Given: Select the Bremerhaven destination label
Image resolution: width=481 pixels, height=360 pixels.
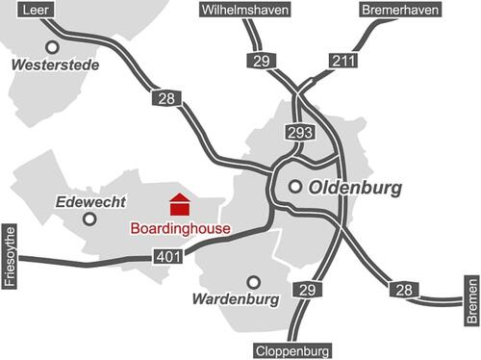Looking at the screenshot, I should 400,10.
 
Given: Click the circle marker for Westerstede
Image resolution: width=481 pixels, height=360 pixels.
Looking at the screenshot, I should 51,46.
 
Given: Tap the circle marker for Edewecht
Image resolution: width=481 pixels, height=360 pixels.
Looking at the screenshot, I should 89,219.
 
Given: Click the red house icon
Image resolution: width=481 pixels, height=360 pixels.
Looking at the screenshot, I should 180,204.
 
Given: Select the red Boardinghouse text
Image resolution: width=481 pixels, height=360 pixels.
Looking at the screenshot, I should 180,229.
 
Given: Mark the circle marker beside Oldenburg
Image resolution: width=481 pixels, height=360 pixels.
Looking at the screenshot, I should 295,187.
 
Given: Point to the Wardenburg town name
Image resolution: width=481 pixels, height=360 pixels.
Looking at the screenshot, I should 236,299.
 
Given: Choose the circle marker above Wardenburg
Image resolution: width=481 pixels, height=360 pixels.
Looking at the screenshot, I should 254,282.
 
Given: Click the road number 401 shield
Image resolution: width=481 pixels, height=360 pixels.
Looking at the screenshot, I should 166,256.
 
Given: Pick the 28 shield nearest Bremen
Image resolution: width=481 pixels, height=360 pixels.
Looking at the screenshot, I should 403,289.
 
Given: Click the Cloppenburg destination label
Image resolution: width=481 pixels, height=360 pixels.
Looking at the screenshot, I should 293,350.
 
